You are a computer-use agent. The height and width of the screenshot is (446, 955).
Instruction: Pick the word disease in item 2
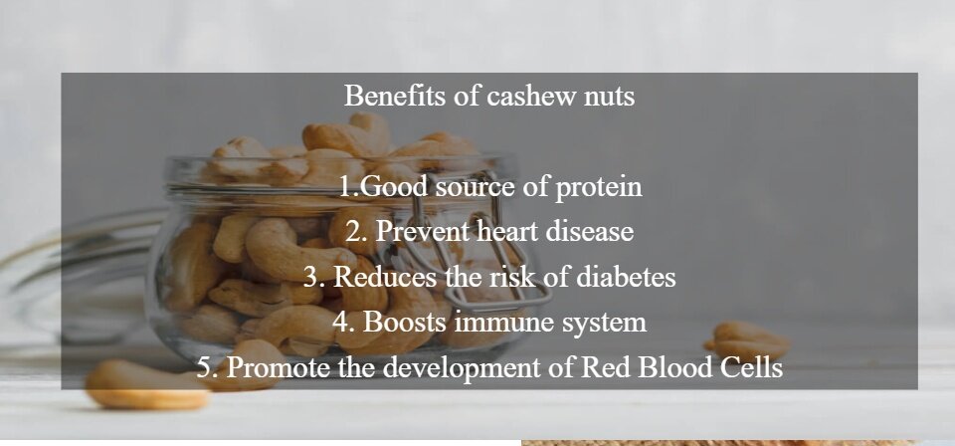coord(590,232)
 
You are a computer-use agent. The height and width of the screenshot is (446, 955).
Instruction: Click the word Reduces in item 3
coord(385,277)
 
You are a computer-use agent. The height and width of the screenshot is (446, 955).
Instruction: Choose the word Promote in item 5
coord(279,367)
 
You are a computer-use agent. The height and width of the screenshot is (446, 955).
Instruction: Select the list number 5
coord(207,368)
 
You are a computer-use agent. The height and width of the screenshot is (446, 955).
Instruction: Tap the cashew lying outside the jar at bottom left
coord(147,384)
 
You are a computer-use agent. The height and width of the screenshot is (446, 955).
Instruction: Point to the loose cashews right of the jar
coord(747,341)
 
